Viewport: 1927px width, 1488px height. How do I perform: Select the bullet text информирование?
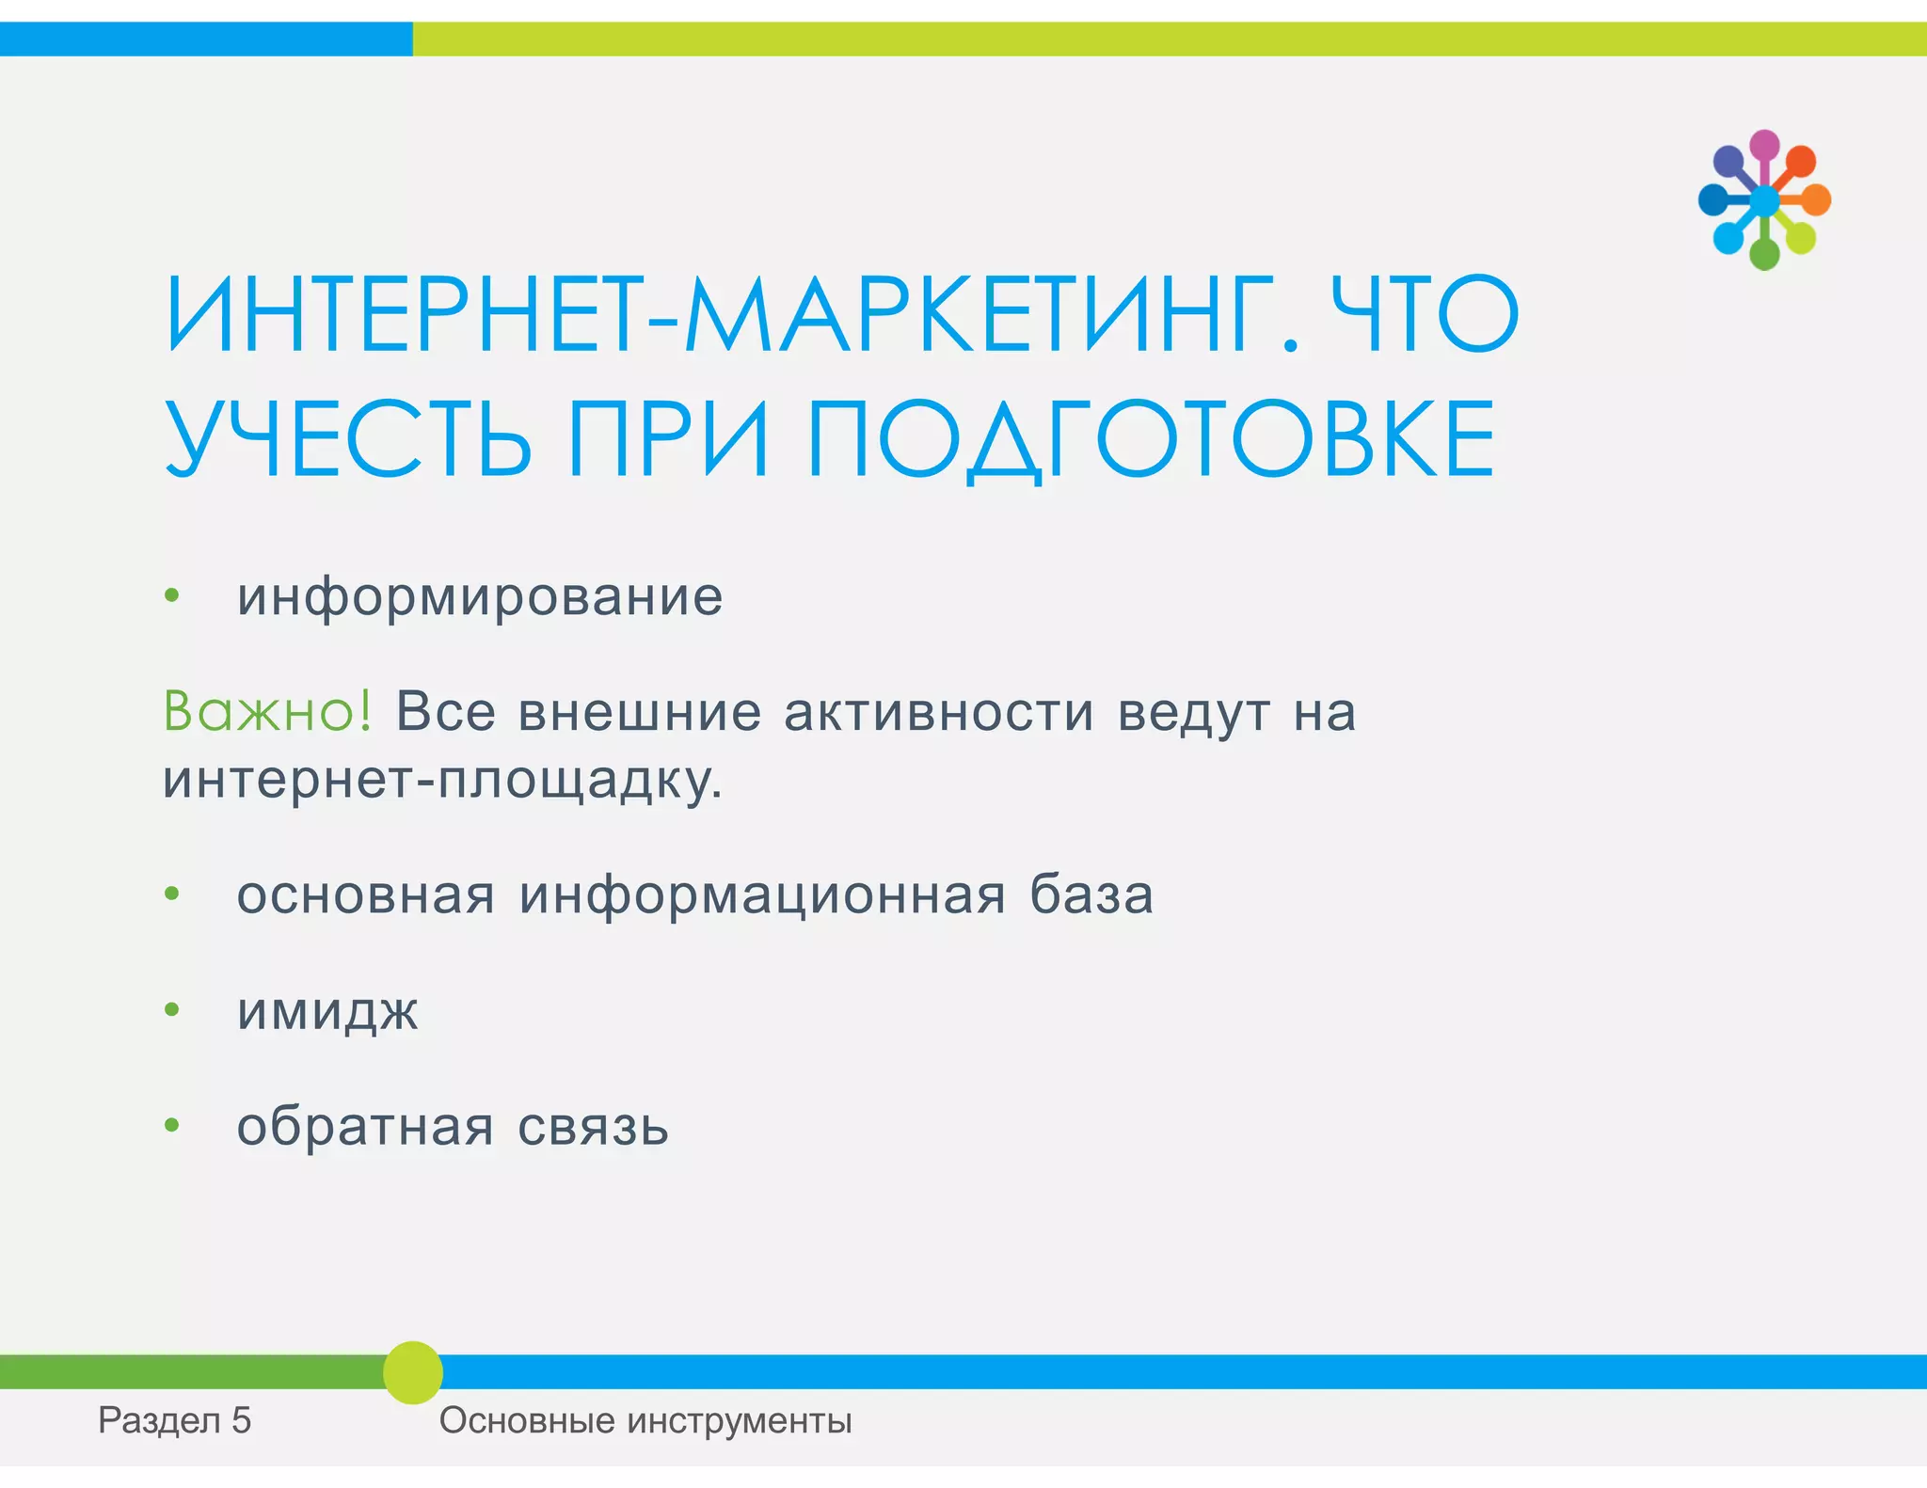(480, 597)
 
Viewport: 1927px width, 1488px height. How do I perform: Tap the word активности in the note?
(939, 712)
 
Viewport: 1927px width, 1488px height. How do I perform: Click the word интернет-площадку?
(442, 781)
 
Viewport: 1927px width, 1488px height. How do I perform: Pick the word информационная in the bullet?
(762, 894)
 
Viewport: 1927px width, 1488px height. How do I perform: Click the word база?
(1091, 894)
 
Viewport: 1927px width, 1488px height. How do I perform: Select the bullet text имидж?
(327, 1011)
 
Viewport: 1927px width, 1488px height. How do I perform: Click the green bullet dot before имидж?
(171, 1010)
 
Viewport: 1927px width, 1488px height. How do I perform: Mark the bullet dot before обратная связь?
(171, 1126)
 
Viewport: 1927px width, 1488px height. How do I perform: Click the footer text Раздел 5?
(175, 1420)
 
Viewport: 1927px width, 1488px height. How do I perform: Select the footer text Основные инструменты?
(645, 1420)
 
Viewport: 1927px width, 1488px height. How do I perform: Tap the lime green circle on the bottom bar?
(412, 1372)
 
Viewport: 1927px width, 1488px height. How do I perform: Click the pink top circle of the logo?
(1764, 145)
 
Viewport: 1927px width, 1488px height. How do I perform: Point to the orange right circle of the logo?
(1816, 199)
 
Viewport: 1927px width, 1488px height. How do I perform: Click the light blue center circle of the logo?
(1764, 200)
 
